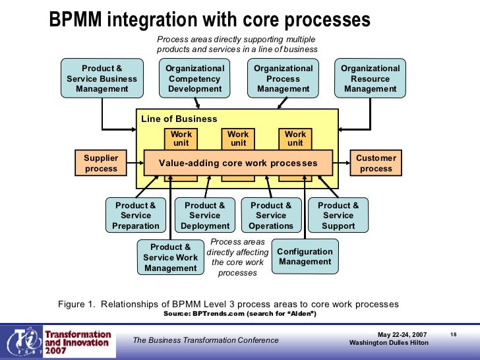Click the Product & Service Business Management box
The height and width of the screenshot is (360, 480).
pos(102,78)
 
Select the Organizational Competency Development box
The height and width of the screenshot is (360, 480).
pos(195,78)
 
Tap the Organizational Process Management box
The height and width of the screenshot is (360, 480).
pos(284,78)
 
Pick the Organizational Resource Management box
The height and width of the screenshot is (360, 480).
pos(371,78)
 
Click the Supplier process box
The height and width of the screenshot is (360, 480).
pos(101,164)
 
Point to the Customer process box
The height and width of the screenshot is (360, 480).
pos(376,164)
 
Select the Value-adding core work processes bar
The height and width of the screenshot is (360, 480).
pos(238,163)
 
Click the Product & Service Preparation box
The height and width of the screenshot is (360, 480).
pos(136,216)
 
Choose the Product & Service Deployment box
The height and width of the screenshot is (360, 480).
pos(205,216)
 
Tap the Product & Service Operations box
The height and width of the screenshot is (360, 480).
pos(271,216)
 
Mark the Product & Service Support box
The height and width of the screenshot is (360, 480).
pos(338,216)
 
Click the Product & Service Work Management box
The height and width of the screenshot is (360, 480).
pos(170,257)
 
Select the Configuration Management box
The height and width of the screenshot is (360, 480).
pos(305,256)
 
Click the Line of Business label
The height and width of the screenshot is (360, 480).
pos(179,119)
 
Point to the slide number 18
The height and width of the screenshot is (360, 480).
pos(454,335)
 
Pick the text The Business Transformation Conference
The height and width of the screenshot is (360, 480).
pos(206,340)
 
